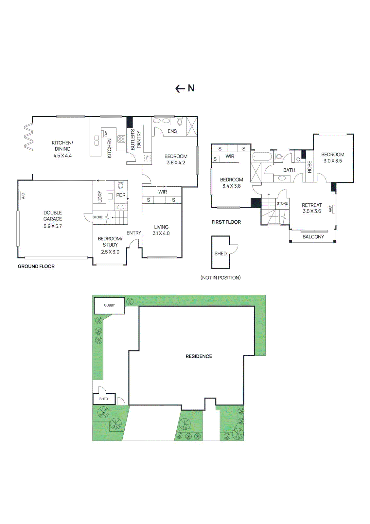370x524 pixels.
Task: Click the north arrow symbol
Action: tap(185, 88)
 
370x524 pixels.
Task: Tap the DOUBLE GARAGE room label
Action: tap(53, 216)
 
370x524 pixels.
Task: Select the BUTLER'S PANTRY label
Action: tap(135, 140)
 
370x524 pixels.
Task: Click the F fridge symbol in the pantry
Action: tap(147, 158)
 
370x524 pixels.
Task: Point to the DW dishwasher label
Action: tap(106, 134)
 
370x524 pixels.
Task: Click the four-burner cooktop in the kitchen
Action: tap(121, 139)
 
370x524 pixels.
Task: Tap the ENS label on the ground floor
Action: tap(172, 131)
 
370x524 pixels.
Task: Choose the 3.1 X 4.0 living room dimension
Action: tap(161, 234)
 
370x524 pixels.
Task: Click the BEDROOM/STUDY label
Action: tap(110, 242)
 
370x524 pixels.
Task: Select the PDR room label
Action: tap(121, 195)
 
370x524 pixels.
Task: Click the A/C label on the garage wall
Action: tap(23, 196)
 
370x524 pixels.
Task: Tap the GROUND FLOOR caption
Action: tap(36, 267)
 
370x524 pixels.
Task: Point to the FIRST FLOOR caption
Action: tap(226, 222)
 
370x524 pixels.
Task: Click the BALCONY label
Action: tap(313, 237)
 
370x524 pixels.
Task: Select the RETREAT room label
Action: tap(312, 205)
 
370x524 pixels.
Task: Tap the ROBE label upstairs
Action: tap(309, 167)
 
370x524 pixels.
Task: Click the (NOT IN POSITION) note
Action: tap(220, 278)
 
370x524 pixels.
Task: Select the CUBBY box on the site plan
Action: tap(109, 305)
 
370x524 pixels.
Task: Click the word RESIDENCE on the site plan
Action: tap(199, 356)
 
